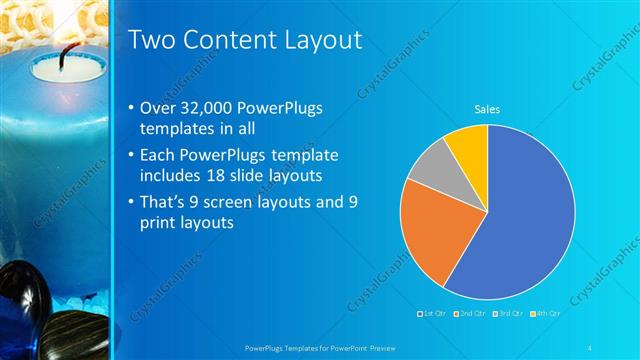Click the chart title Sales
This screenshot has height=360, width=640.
[487, 109]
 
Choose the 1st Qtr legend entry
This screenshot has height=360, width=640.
[433, 313]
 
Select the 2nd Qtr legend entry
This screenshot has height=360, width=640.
[469, 313]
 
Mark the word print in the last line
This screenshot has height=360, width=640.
[163, 224]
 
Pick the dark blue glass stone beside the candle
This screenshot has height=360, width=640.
[20, 305]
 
